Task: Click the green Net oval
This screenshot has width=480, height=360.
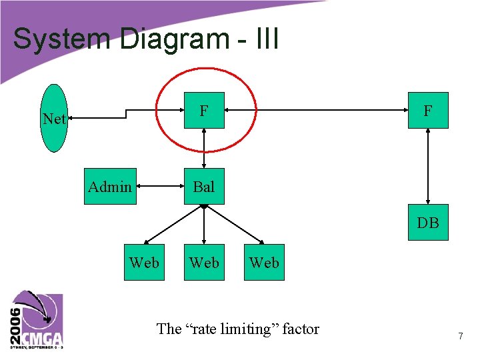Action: (x=54, y=119)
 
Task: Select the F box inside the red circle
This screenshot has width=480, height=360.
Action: (x=204, y=110)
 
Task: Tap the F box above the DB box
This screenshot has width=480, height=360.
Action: (x=428, y=110)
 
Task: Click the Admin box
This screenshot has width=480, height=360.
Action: (x=110, y=187)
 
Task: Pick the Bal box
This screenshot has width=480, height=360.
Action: (x=204, y=187)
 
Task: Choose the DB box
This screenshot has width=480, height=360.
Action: (x=428, y=223)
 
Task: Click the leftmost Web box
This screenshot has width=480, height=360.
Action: (x=144, y=263)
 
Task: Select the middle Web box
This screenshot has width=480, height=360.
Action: (x=204, y=263)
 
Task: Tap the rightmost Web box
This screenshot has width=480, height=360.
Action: (x=264, y=263)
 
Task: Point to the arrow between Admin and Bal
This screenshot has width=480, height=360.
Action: (x=160, y=187)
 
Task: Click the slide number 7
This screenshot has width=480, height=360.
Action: (x=460, y=337)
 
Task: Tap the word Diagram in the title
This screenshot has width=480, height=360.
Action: (x=175, y=39)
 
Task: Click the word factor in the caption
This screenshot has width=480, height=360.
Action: (x=301, y=329)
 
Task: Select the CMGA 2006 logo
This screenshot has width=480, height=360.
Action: (x=37, y=320)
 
